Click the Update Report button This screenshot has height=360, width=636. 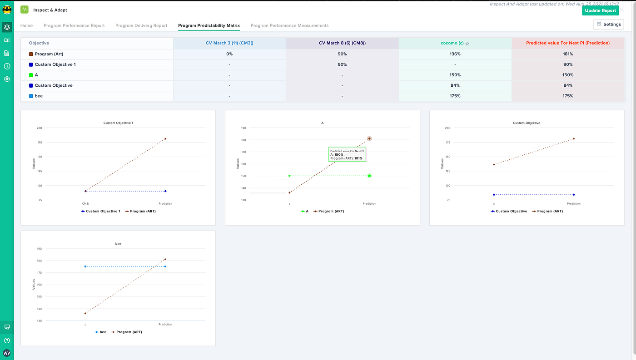(x=600, y=10)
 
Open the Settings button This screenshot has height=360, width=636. (x=609, y=24)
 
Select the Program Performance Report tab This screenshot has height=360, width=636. (x=74, y=25)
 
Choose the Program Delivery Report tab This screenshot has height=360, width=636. (x=141, y=25)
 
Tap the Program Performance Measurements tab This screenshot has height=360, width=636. (x=289, y=25)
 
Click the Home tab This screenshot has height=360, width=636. (x=26, y=25)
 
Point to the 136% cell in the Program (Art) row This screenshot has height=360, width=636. (x=455, y=54)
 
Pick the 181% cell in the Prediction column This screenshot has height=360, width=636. (x=567, y=54)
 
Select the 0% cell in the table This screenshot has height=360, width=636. (x=229, y=54)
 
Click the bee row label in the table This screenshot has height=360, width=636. (x=39, y=96)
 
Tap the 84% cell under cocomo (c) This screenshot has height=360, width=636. (x=455, y=85)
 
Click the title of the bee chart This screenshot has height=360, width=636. (x=118, y=244)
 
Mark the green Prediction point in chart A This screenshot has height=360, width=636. (x=369, y=176)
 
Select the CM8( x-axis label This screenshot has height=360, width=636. (x=85, y=204)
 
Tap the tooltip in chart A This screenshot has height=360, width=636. (x=347, y=154)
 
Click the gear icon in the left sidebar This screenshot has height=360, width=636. (x=7, y=79)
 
